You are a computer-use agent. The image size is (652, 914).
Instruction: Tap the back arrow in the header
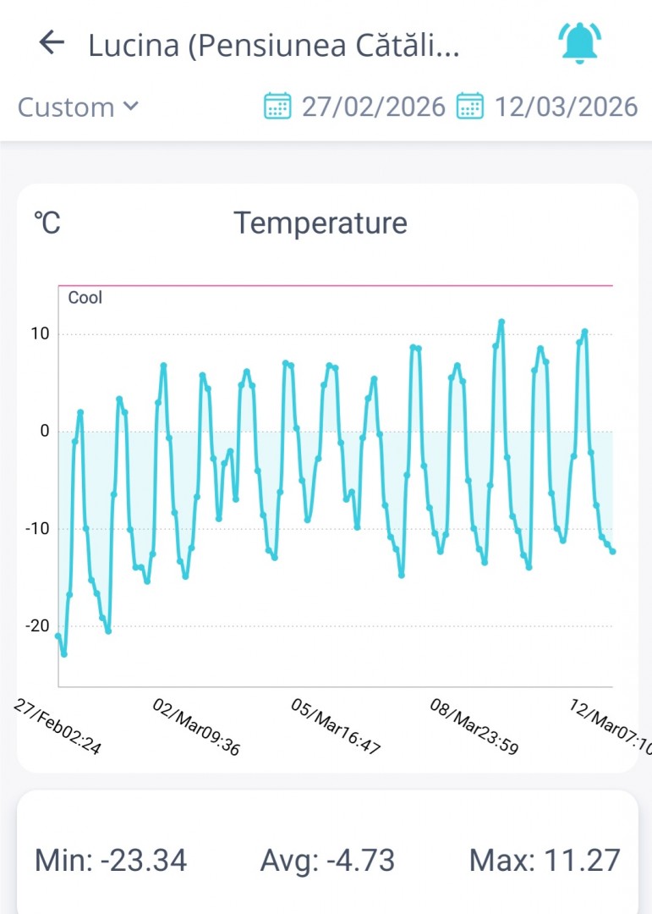point(52,43)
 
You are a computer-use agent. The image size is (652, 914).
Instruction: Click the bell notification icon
point(580,43)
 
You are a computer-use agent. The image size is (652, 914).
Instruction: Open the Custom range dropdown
point(78,107)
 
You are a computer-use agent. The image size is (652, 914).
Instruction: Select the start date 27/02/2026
point(373,107)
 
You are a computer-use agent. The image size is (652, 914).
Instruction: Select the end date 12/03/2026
point(566,107)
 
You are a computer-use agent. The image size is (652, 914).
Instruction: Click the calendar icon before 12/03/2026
point(470,107)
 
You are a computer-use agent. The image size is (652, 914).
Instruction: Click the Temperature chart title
point(321,223)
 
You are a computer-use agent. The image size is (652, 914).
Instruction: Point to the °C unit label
point(47,223)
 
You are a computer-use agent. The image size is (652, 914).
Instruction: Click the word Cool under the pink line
point(85,298)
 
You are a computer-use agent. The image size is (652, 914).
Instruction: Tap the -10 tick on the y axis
point(38,529)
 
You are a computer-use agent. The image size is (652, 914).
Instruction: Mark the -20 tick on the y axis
point(38,626)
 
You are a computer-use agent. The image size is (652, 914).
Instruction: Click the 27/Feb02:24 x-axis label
point(58,726)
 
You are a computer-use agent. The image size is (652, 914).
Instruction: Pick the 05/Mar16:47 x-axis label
point(336,726)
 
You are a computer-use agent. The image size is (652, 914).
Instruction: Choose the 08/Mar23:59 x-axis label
point(474,726)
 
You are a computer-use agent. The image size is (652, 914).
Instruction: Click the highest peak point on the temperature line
point(501,322)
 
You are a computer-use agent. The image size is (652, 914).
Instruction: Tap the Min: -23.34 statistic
point(111,860)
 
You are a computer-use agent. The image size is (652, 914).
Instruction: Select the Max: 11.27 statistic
point(545,860)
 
